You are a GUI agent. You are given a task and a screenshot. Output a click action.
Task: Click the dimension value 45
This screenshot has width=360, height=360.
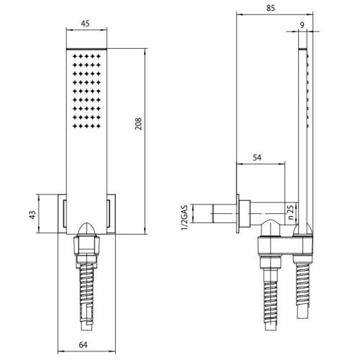pos(86,23)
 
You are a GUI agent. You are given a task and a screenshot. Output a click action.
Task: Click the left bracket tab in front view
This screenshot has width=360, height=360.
pos(60,214)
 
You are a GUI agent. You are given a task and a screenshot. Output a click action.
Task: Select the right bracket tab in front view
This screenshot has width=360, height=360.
pos(112,214)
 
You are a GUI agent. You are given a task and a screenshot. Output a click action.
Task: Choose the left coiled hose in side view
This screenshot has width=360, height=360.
pos(271,295)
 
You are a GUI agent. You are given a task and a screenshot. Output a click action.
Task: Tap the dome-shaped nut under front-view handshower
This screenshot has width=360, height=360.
pos(86,233)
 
